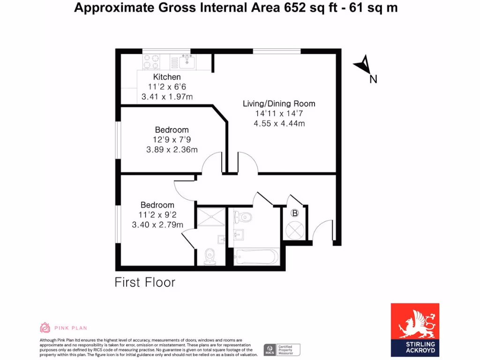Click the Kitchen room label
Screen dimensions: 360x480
[167, 77]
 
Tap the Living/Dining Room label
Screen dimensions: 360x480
[278, 104]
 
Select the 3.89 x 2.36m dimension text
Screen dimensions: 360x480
[172, 150]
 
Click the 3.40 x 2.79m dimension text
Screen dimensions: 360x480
[157, 225]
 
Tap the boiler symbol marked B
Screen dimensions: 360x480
[295, 213]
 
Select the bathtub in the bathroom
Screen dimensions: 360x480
[256, 256]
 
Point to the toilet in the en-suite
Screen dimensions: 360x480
[210, 256]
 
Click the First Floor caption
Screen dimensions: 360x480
[145, 282]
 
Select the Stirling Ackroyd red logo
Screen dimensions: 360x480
[415, 330]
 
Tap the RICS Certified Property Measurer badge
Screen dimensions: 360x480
[282, 350]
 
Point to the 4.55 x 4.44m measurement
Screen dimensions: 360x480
[278, 124]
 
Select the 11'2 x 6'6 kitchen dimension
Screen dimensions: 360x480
[167, 87]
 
